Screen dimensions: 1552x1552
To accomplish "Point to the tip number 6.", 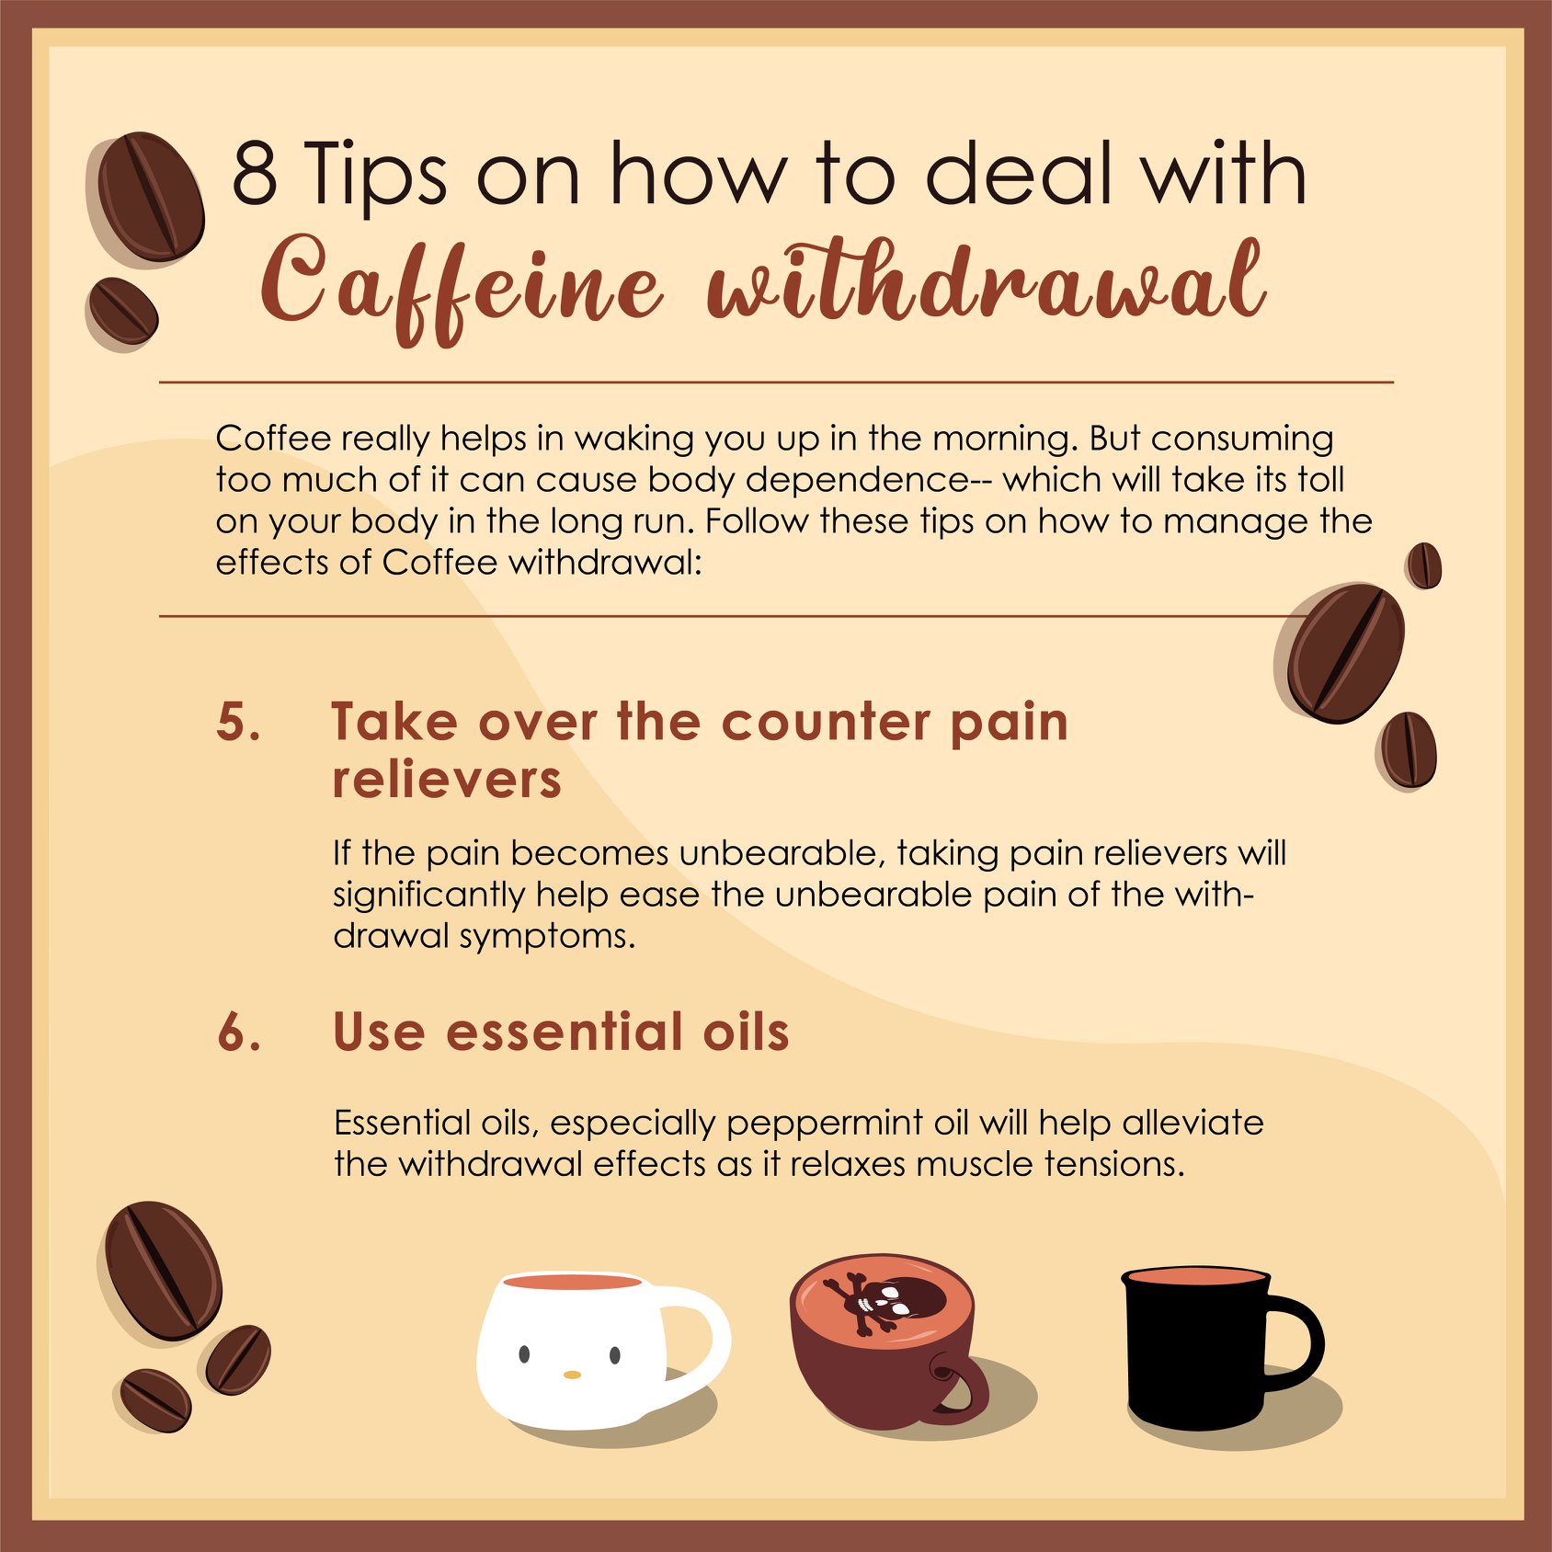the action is coord(239,1032).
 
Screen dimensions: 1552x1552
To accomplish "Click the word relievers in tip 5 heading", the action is coord(447,780).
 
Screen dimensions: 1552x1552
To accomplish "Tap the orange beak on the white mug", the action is coord(572,1375).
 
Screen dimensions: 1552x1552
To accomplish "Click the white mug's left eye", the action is coord(524,1353).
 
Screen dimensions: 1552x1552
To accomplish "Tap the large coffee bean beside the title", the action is coord(150,197).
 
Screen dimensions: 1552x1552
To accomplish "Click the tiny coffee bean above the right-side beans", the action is coord(1424,565).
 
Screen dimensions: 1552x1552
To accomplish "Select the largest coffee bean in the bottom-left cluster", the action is coord(163,1271).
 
